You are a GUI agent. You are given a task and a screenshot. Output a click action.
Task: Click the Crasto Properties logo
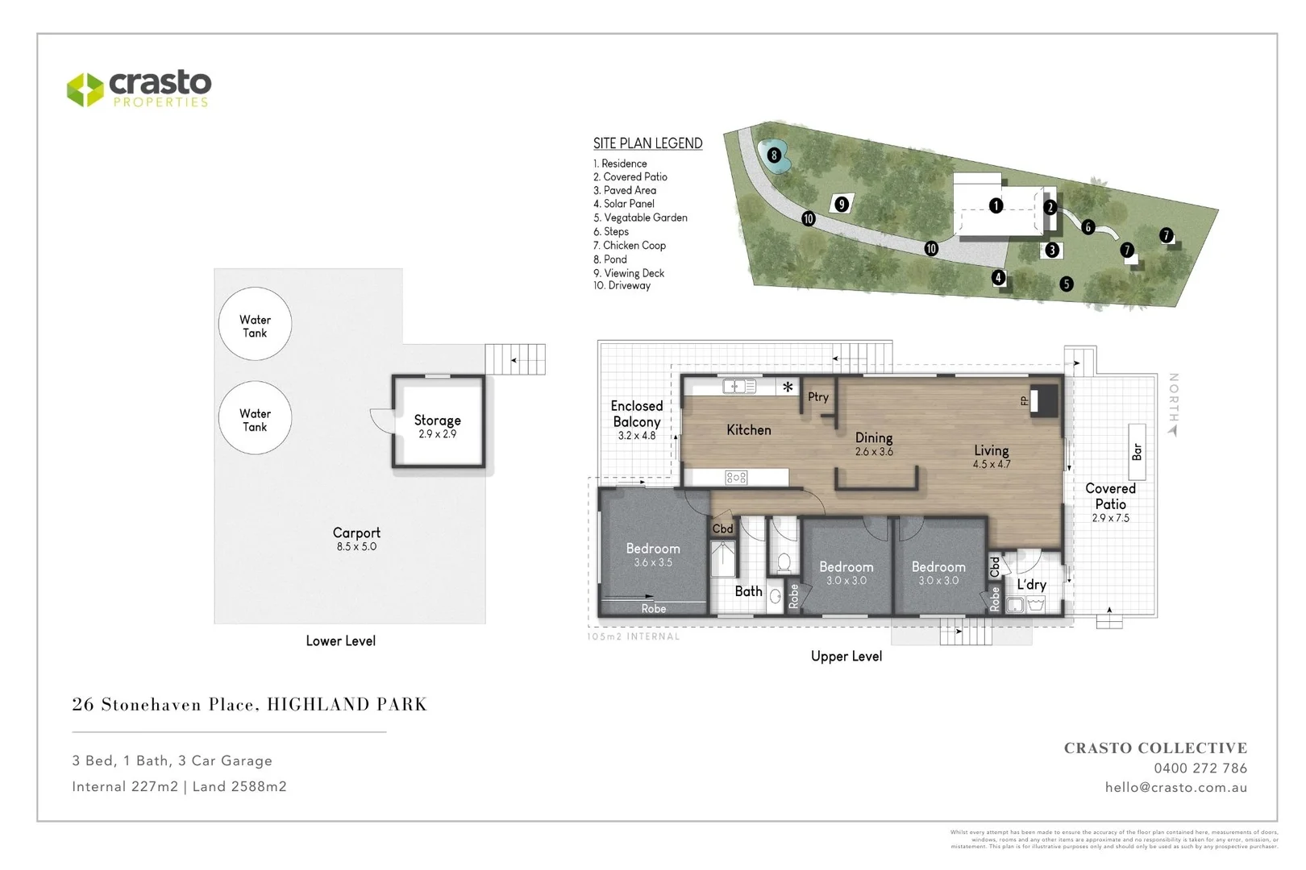(139, 89)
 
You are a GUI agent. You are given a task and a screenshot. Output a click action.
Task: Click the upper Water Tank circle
(255, 325)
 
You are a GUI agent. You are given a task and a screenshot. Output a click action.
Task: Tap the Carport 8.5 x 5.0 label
(356, 538)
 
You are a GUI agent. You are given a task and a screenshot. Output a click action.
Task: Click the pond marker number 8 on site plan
(774, 155)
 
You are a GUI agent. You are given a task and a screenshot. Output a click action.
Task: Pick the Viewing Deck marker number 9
(841, 204)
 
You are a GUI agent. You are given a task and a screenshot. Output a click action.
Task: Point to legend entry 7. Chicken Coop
(630, 246)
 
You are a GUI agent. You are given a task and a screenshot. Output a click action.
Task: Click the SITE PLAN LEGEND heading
(647, 143)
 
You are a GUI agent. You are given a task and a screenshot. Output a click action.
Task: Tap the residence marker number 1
(996, 206)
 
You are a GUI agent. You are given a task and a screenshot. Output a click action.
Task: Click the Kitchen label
(748, 430)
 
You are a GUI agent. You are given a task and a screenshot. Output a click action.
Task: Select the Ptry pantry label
(817, 397)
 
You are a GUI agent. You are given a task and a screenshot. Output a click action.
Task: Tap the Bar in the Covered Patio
(1137, 452)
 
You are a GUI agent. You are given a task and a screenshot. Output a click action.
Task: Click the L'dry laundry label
(1031, 585)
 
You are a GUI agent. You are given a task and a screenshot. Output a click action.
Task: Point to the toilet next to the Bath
(782, 561)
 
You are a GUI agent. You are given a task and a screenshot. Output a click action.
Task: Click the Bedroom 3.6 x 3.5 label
(653, 554)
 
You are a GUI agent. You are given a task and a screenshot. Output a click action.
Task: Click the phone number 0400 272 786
(1200, 768)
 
